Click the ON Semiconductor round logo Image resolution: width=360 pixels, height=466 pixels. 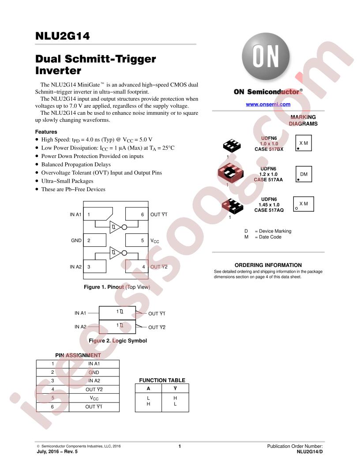(x=266, y=56)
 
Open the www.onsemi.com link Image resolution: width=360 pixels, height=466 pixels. (x=268, y=104)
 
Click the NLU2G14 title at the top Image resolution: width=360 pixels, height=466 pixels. (x=62, y=36)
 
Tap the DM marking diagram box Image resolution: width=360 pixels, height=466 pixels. (x=304, y=174)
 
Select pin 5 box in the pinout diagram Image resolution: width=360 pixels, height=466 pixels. (x=137, y=240)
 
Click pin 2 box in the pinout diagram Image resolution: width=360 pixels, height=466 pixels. (x=95, y=240)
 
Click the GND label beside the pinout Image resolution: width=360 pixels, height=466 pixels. (x=76, y=241)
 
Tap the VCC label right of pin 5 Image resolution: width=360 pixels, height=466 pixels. (x=155, y=241)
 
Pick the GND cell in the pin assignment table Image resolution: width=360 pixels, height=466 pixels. (x=94, y=372)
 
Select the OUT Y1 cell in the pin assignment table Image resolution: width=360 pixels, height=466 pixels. (x=94, y=407)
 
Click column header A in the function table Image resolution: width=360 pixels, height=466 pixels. (x=148, y=388)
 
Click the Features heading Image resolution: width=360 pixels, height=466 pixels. (x=46, y=132)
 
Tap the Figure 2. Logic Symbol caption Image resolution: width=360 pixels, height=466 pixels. (x=118, y=341)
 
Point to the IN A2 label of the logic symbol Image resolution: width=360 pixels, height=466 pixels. (x=80, y=327)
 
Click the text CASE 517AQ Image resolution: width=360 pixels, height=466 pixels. (x=269, y=210)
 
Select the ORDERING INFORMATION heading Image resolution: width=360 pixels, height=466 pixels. (x=268, y=265)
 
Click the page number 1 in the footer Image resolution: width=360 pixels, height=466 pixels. (x=180, y=446)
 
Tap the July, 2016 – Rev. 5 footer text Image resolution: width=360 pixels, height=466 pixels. (x=57, y=451)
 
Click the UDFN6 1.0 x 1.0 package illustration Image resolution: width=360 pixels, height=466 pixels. (x=232, y=146)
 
